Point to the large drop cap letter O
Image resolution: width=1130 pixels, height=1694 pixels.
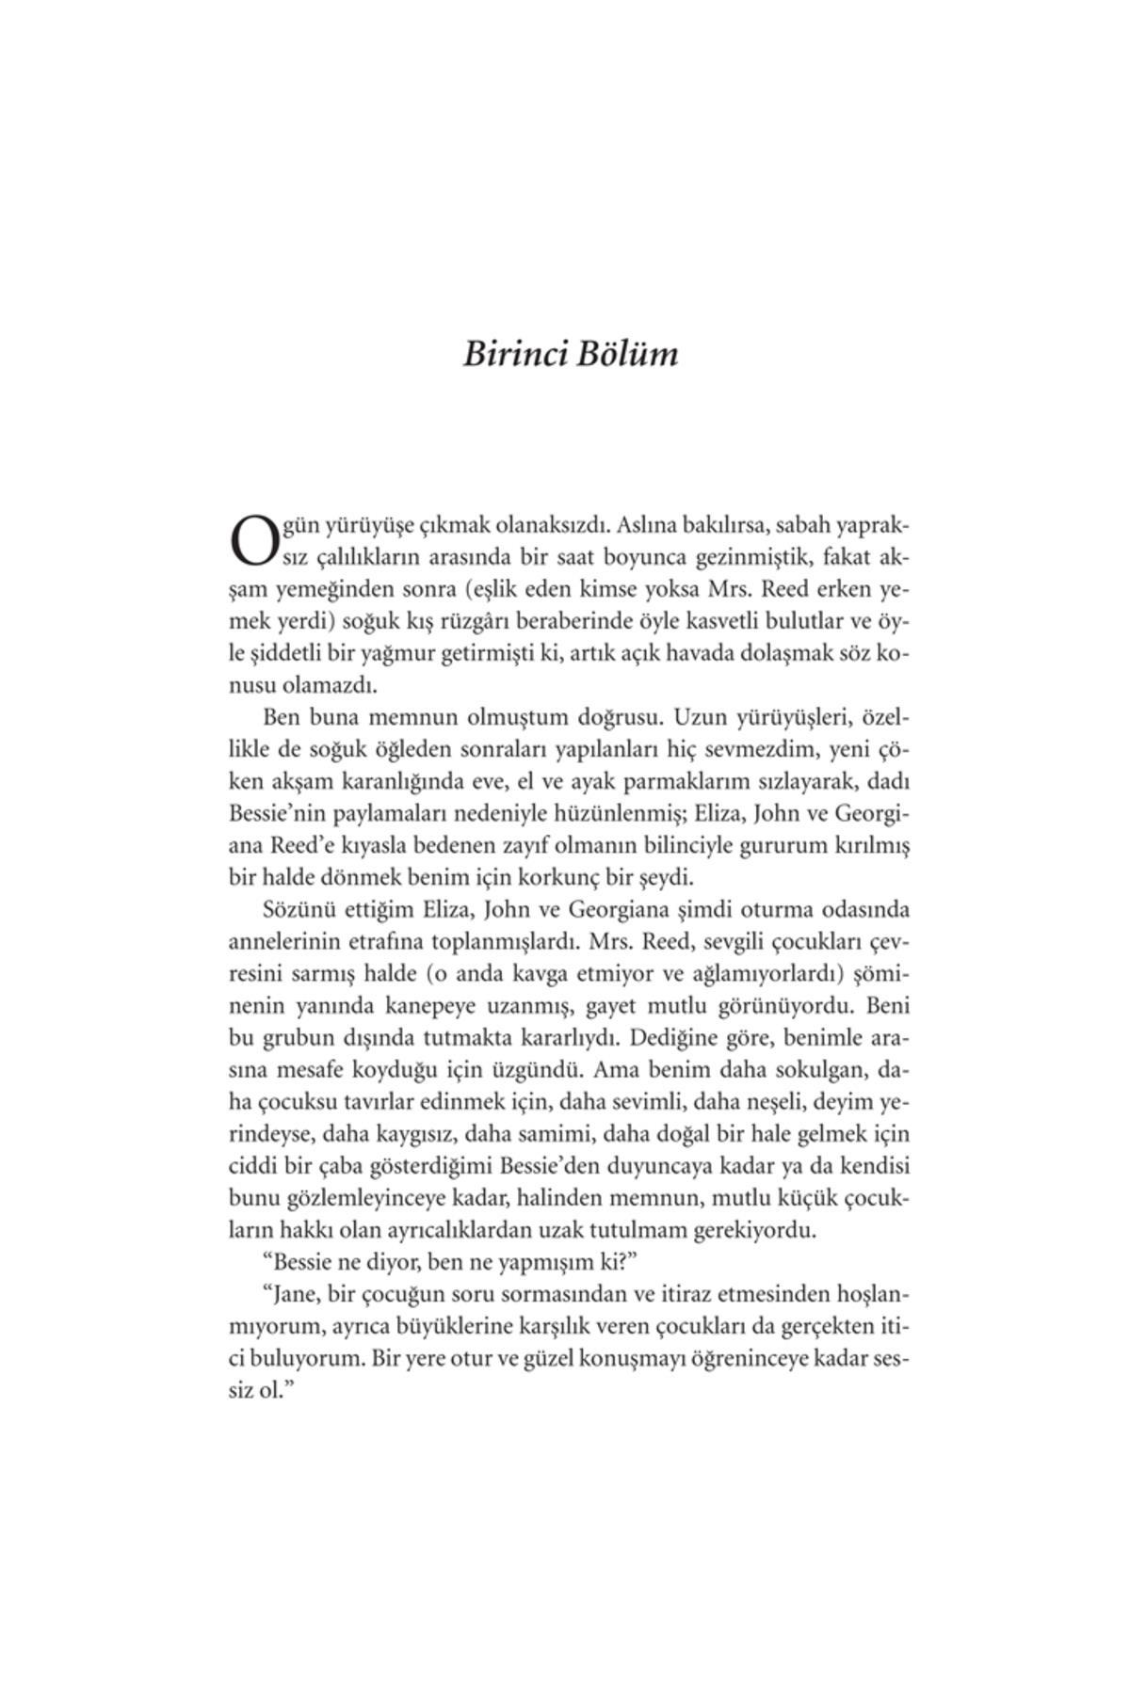pyautogui.click(x=249, y=539)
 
